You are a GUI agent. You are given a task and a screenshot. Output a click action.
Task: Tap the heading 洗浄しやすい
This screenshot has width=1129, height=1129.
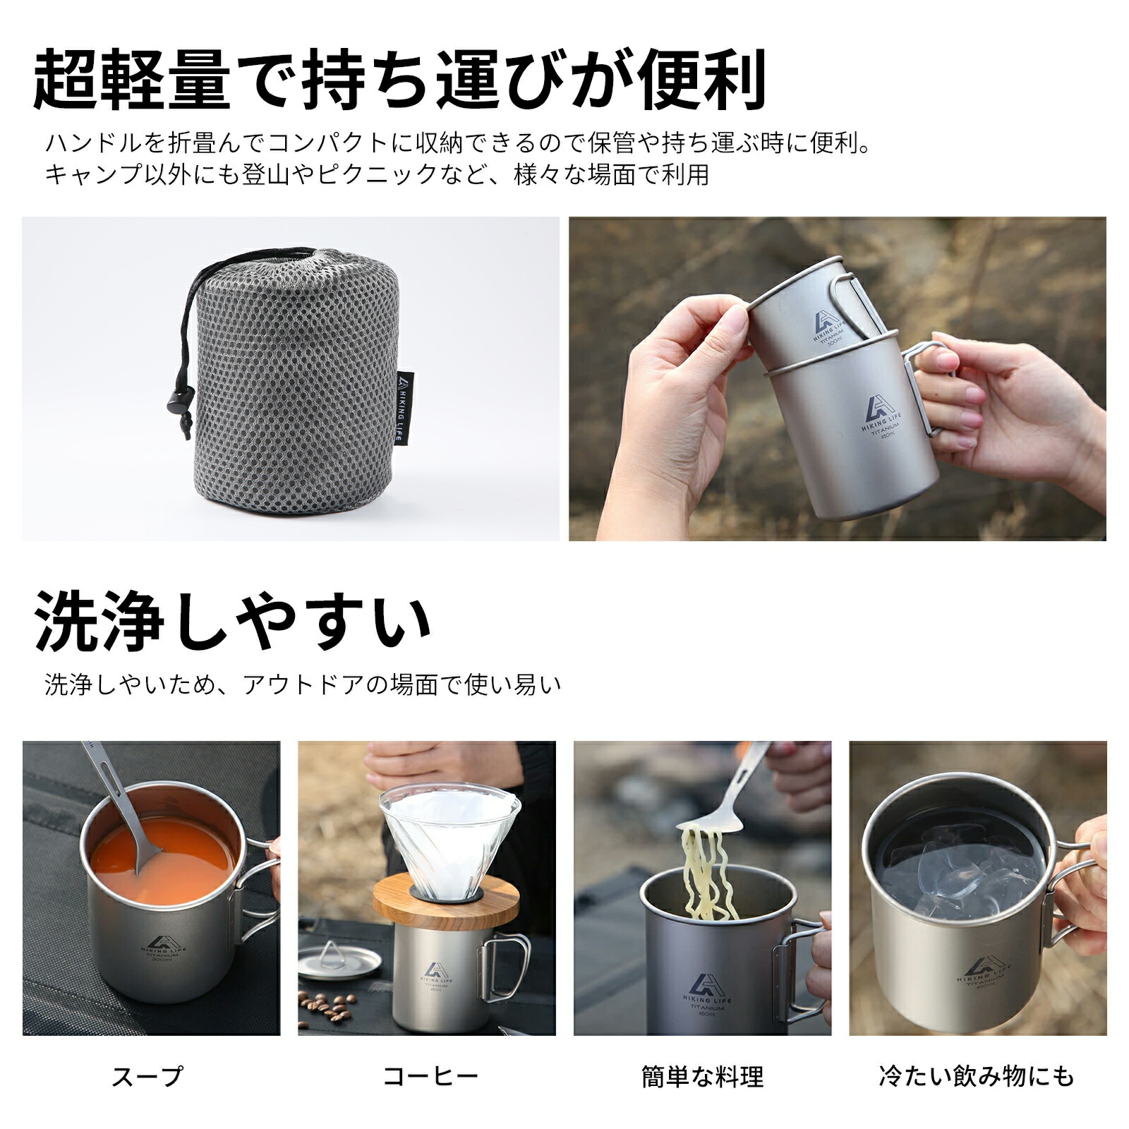click(233, 622)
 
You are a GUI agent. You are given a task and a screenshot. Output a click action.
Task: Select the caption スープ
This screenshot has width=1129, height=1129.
click(147, 1076)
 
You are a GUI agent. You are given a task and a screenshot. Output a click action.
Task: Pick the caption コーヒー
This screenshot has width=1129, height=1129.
click(430, 1076)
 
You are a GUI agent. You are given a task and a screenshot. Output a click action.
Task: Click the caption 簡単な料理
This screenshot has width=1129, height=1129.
click(702, 1077)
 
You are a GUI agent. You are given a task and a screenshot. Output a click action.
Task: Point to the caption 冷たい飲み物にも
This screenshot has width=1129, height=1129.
click(977, 1076)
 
